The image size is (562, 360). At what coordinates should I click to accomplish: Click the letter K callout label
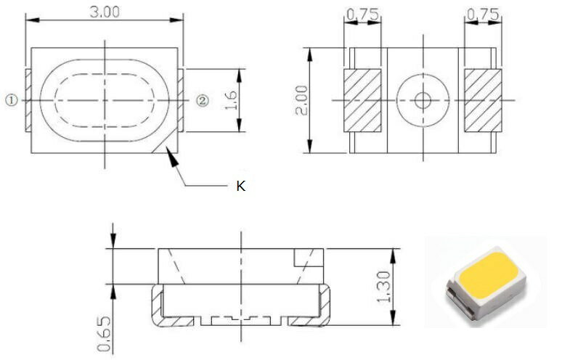(241, 187)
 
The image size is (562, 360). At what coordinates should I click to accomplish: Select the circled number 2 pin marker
(203, 100)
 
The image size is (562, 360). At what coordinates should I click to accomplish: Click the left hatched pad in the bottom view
(362, 101)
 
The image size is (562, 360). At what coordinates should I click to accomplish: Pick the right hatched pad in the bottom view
(483, 101)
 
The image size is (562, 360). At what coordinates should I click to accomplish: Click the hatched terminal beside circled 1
(28, 100)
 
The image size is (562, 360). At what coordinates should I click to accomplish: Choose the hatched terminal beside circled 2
(183, 100)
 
